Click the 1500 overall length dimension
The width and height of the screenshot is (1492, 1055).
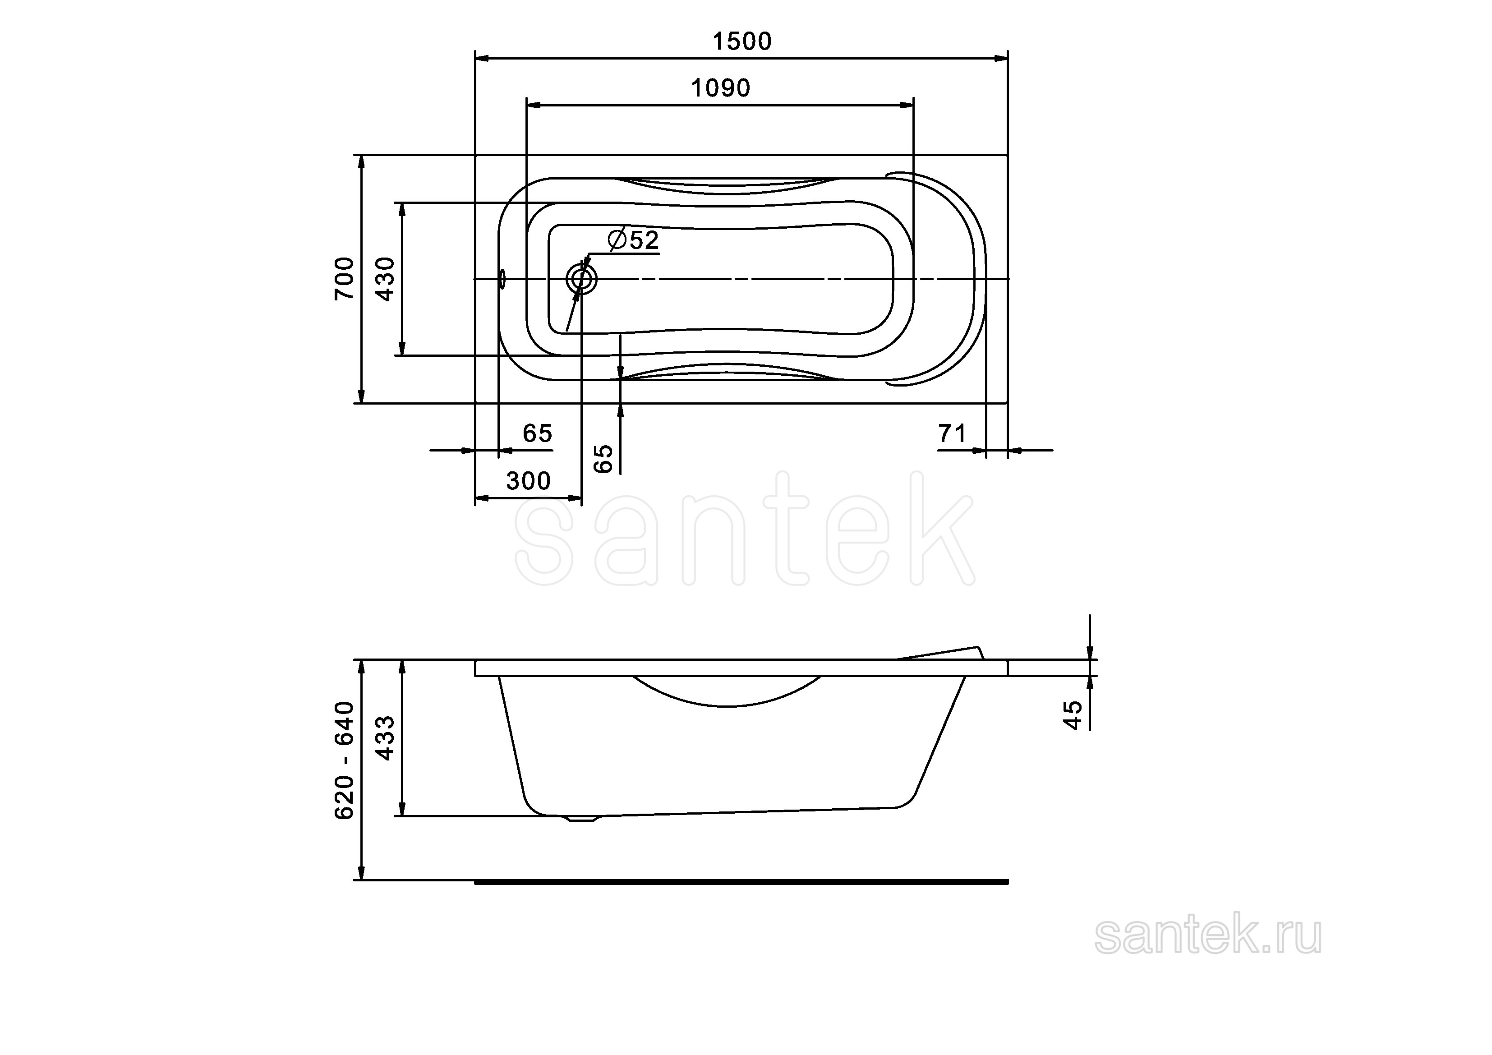click(742, 41)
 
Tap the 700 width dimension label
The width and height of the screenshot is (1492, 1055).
click(345, 278)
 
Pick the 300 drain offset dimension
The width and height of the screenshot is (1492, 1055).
click(528, 481)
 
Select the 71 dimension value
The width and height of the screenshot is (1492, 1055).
click(952, 433)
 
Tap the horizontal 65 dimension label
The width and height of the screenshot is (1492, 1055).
click(538, 433)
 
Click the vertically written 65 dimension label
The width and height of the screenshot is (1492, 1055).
click(603, 459)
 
